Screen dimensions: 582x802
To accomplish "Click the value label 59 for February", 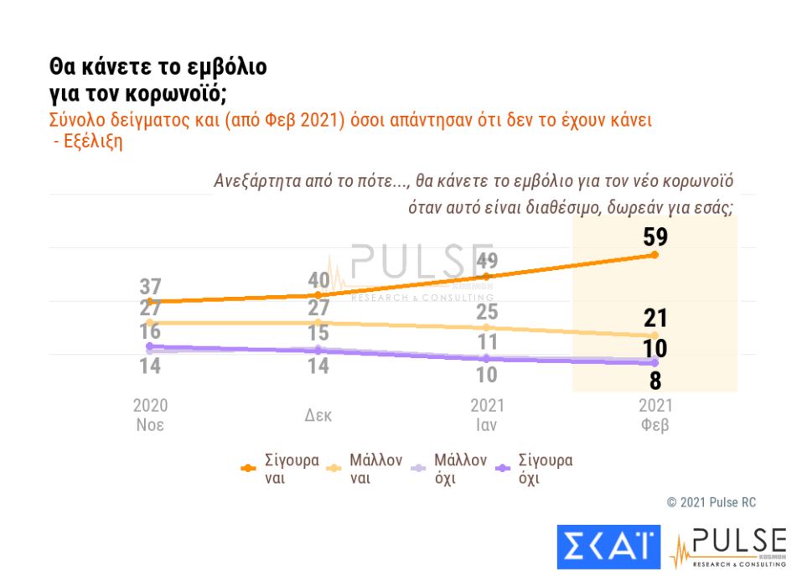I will pyautogui.click(x=655, y=238).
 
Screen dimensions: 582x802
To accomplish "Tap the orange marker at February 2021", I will pyautogui.click(x=655, y=255).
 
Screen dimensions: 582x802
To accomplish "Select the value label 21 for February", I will pyautogui.click(x=655, y=318).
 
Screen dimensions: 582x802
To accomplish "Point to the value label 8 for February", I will pyautogui.click(x=655, y=381).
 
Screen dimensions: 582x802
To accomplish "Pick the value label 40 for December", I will pyautogui.click(x=318, y=280).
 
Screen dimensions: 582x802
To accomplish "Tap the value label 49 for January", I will pyautogui.click(x=487, y=261).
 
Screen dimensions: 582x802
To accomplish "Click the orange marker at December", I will pyautogui.click(x=318, y=294).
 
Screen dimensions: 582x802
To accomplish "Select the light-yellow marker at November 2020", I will pyautogui.click(x=150, y=323).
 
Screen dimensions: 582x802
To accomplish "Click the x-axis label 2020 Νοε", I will pyautogui.click(x=150, y=414).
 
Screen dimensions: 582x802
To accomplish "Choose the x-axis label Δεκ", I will pyautogui.click(x=318, y=415).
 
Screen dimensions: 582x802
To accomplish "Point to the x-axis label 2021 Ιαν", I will pyautogui.click(x=487, y=414).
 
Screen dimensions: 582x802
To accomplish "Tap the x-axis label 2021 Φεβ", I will pyautogui.click(x=655, y=414).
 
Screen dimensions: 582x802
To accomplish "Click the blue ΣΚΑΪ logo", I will pyautogui.click(x=608, y=547).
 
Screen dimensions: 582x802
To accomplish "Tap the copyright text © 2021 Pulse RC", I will pyautogui.click(x=711, y=502).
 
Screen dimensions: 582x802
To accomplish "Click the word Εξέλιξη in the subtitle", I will pyautogui.click(x=93, y=141).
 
